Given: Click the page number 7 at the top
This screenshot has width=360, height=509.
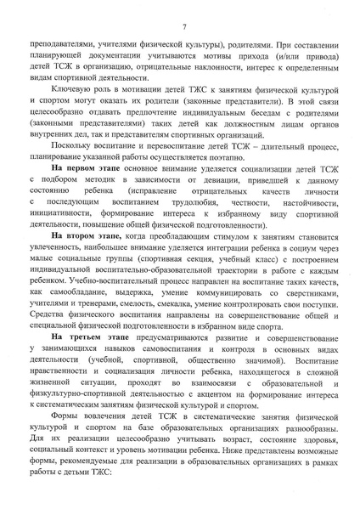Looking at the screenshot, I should pos(183,29).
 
